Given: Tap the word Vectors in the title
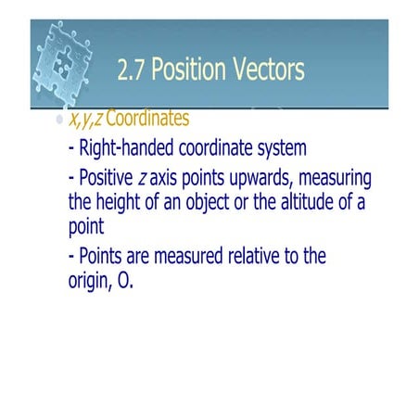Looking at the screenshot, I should (x=270, y=70).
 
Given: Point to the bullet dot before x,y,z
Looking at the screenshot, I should (x=60, y=121).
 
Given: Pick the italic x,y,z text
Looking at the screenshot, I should (x=85, y=121).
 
